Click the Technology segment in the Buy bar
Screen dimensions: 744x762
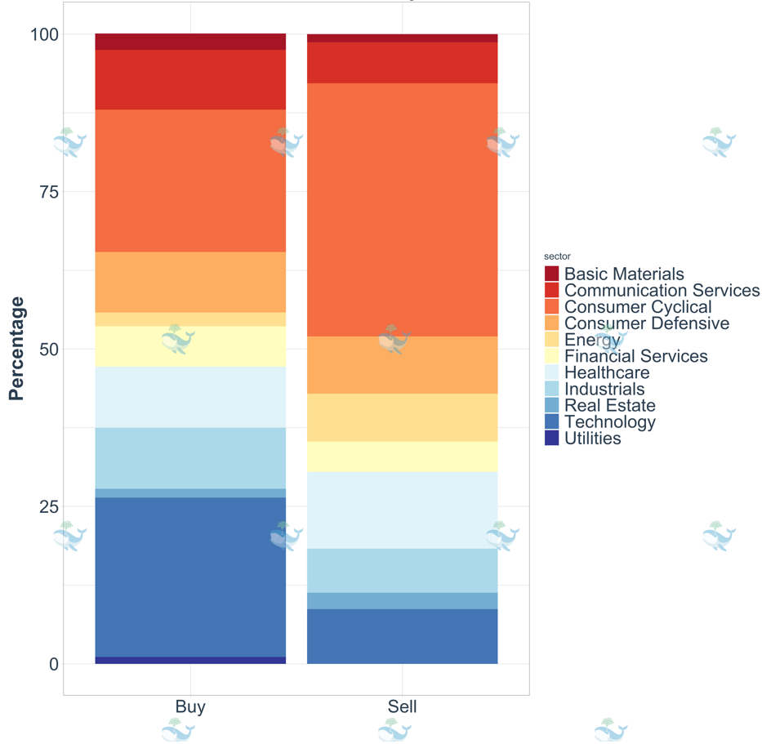[x=190, y=577]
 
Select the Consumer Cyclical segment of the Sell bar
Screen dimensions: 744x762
[x=402, y=210]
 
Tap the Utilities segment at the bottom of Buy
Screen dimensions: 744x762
[x=190, y=660]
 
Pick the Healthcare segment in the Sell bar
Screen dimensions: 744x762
[x=402, y=510]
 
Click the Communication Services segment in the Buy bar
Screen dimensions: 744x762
[x=190, y=80]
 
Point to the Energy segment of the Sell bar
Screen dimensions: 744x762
[x=402, y=418]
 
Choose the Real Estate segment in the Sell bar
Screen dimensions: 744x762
[x=402, y=600]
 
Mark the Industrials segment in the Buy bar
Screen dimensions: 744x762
[x=190, y=458]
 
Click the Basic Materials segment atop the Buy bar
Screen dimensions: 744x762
[x=190, y=42]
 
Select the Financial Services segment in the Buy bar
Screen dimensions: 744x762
[x=190, y=346]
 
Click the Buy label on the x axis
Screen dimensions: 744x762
[x=190, y=707]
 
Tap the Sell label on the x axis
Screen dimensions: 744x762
[x=402, y=707]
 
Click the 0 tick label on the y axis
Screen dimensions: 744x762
[x=53, y=664]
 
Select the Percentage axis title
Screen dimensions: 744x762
[x=16, y=349]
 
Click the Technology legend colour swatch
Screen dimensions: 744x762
[x=552, y=422]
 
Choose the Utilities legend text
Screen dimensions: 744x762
[x=592, y=439]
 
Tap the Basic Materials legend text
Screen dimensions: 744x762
[x=624, y=274]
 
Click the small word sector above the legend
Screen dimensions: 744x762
[x=557, y=256]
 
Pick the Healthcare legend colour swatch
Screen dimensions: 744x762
[x=552, y=372]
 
